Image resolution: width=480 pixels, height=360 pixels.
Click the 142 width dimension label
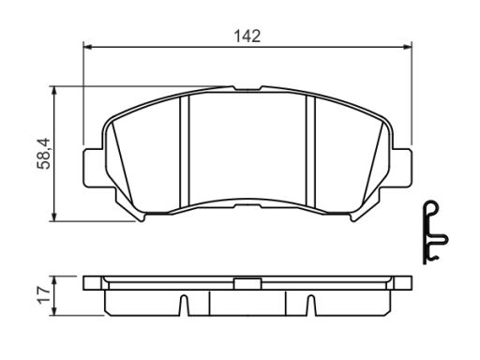(x=247, y=37)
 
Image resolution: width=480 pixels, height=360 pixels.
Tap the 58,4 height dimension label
(x=43, y=154)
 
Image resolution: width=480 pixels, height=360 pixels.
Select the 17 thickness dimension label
(x=43, y=294)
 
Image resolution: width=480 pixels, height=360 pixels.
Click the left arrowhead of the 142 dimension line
(x=87, y=47)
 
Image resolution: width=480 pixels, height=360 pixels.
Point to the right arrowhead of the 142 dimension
(x=408, y=47)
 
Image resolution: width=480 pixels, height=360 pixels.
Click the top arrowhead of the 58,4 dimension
(x=54, y=90)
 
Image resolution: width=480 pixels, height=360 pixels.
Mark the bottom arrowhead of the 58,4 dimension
(x=54, y=217)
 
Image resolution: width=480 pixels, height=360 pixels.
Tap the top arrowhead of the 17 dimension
(x=54, y=280)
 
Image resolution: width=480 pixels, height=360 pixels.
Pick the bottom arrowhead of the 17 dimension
(x=54, y=311)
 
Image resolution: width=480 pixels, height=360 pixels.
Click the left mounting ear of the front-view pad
(x=93, y=168)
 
